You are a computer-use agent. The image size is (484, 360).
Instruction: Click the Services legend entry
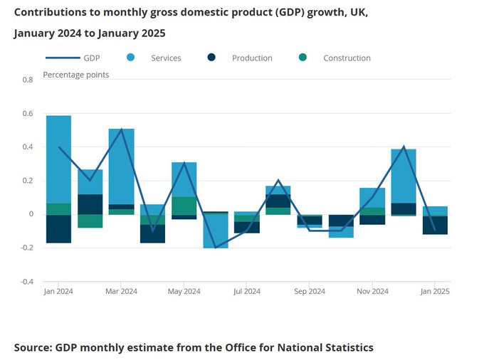pos(165,58)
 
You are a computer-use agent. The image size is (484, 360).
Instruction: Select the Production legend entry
pos(252,58)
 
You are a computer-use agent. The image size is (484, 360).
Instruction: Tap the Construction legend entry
pos(347,58)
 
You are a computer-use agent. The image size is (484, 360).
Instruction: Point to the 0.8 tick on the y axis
pos(28,80)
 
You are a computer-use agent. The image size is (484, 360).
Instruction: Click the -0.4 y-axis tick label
pos(26,282)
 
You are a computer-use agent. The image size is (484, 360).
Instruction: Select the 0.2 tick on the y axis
pos(28,181)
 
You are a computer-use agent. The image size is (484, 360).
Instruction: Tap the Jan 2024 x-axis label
pos(58,292)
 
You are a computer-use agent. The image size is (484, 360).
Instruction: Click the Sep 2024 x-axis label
pos(310,292)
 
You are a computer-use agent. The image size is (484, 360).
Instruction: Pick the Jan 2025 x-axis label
pos(435,292)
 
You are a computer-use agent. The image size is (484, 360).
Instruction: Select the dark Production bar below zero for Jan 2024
pos(58,228)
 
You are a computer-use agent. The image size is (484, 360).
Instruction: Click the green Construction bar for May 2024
pos(184,206)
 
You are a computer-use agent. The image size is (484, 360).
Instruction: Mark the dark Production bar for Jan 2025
pos(435,225)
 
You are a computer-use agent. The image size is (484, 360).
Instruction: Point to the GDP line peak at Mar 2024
pos(121,129)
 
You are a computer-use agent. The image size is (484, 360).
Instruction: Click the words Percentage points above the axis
pos(76,74)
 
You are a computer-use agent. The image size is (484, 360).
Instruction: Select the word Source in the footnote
pos(33,347)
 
